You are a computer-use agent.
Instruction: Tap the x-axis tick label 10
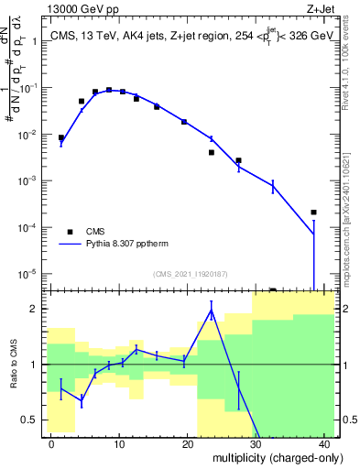click(x=119, y=443)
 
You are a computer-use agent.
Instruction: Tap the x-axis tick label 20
click(x=187, y=443)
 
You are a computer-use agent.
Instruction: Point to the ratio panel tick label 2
click(x=38, y=309)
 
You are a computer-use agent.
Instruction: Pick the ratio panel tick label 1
click(x=38, y=365)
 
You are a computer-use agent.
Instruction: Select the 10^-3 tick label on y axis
click(x=34, y=180)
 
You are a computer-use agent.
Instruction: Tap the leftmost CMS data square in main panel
click(x=61, y=137)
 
